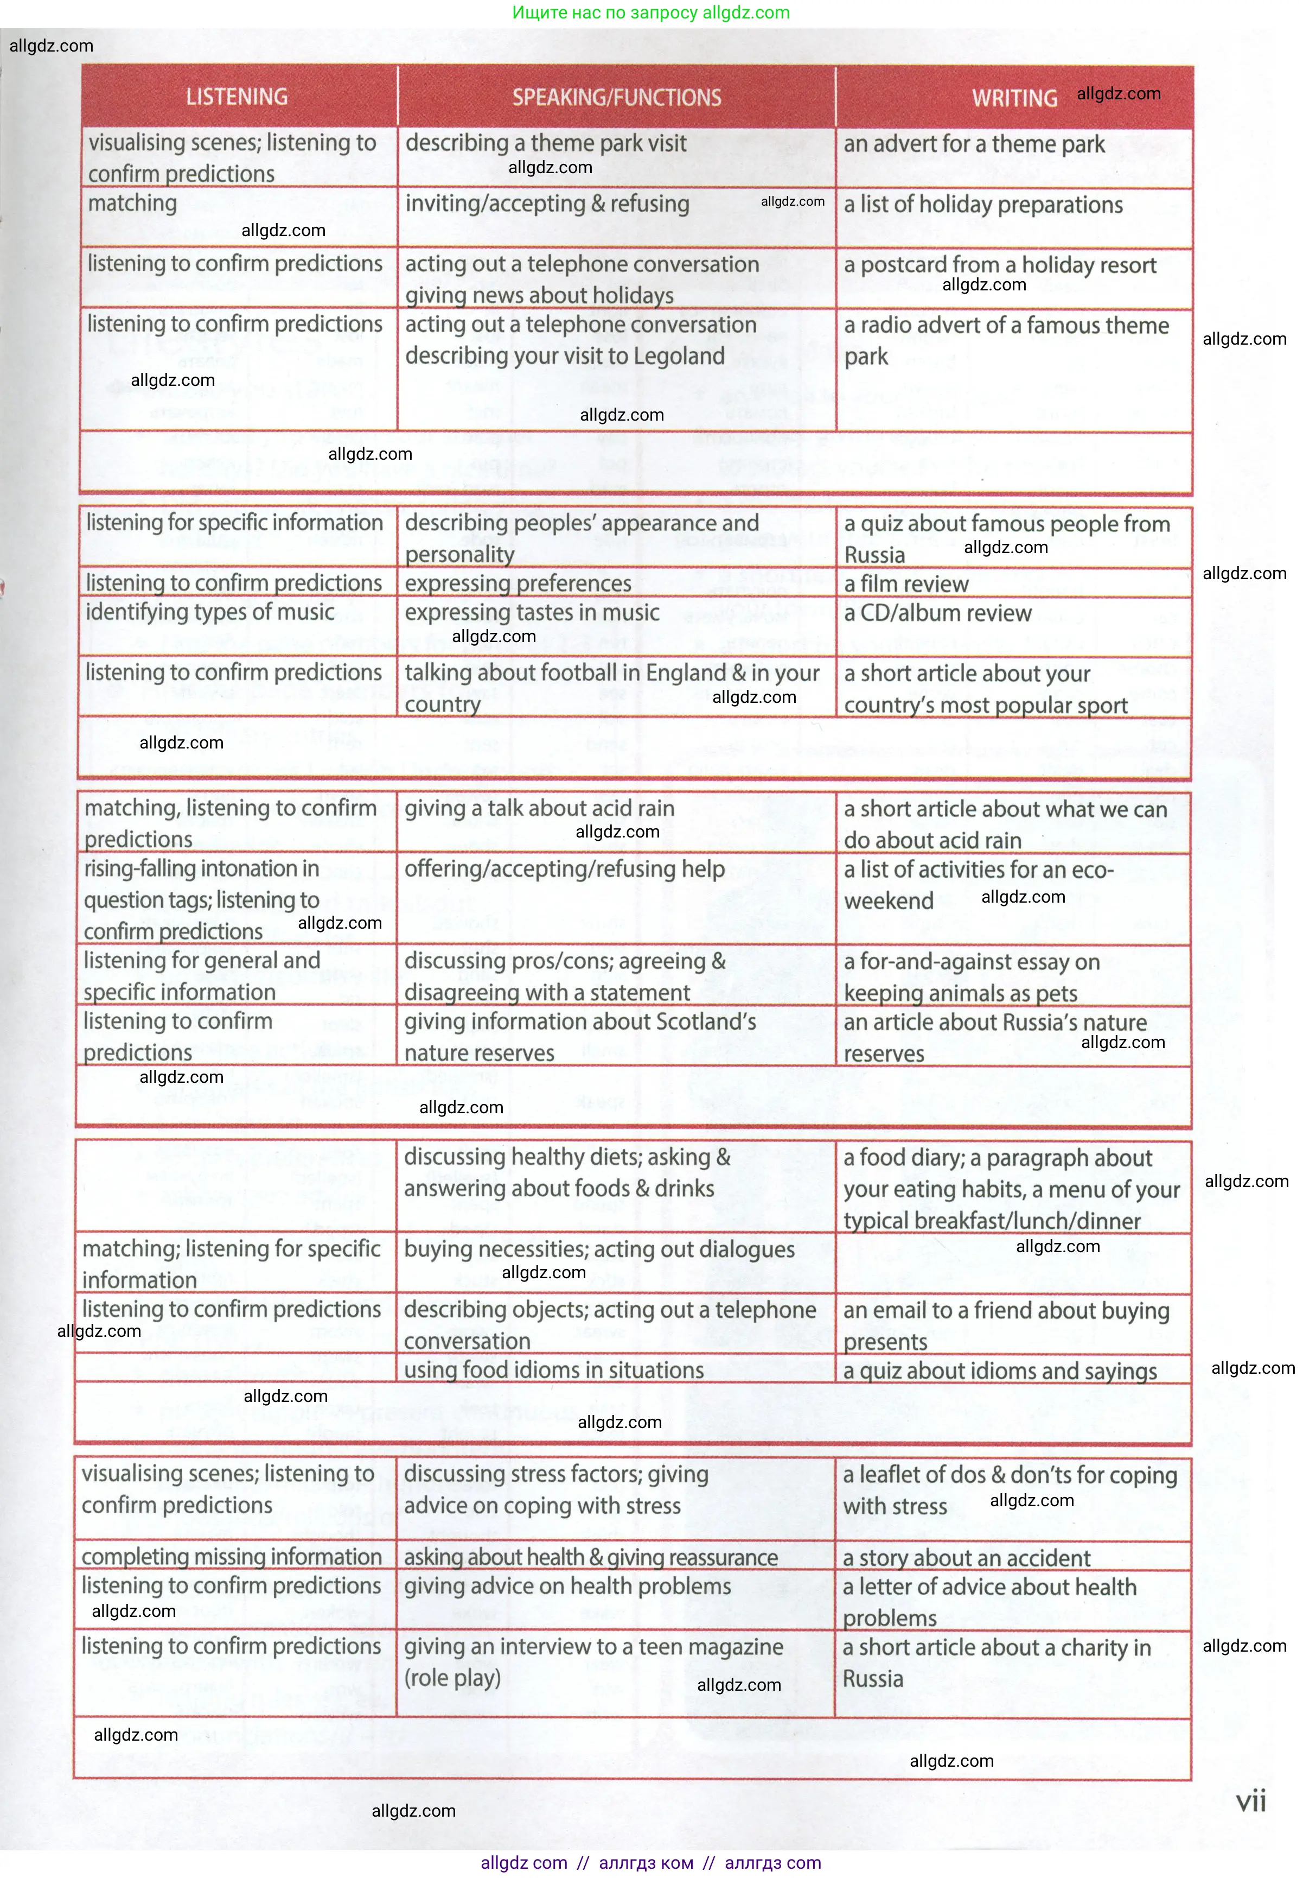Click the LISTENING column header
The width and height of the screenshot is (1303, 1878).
(237, 97)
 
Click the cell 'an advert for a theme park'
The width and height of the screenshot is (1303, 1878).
(973, 144)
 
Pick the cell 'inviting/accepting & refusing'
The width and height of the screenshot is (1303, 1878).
(547, 204)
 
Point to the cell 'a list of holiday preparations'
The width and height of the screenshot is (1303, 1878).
(983, 205)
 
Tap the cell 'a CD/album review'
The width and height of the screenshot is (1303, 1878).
(937, 613)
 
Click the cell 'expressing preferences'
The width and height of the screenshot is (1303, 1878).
(518, 584)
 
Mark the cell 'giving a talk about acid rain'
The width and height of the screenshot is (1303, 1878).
(540, 809)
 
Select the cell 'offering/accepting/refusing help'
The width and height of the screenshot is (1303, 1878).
(564, 869)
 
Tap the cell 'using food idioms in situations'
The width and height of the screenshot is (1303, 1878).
(553, 1370)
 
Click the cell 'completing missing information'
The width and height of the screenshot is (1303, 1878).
(232, 1557)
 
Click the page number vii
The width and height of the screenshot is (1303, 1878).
(1250, 1800)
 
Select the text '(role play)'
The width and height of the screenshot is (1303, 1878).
(452, 1678)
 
